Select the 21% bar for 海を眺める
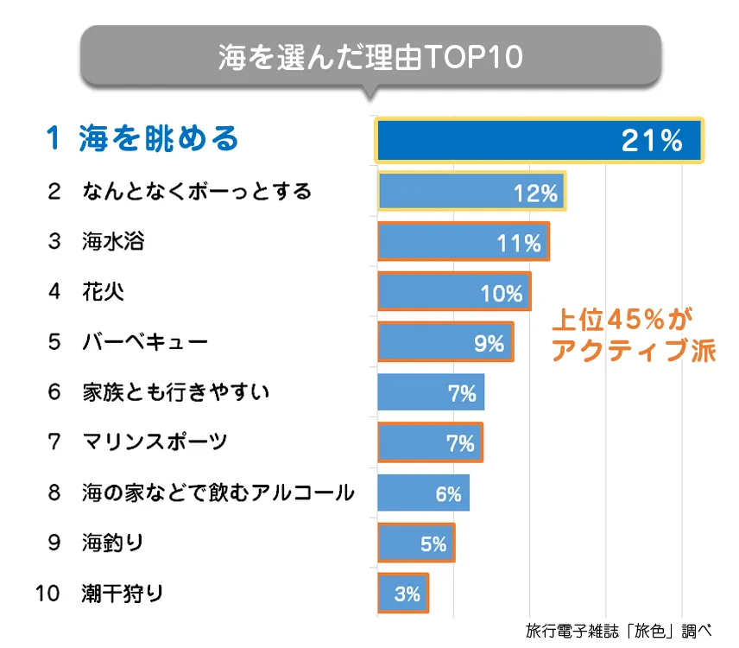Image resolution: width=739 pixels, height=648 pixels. point(540,140)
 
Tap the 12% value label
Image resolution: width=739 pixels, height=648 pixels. point(535,193)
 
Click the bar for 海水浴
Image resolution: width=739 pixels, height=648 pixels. point(464,242)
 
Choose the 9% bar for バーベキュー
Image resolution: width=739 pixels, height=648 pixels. point(445,342)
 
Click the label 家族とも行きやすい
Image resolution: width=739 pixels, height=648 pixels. point(176,392)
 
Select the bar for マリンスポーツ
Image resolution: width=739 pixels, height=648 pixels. point(430,443)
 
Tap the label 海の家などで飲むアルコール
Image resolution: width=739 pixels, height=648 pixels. point(218,493)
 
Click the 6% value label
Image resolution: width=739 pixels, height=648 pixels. point(448,495)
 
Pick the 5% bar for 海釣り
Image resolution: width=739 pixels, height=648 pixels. point(416,543)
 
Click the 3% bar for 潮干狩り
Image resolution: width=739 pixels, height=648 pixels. point(403,594)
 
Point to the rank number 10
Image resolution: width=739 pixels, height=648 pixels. point(48,594)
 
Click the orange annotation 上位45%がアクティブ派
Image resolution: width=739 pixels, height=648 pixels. point(634,335)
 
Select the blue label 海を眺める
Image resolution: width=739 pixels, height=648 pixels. point(158,139)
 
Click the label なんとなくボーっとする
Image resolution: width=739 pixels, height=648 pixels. point(197,191)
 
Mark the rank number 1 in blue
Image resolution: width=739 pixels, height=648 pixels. point(54,139)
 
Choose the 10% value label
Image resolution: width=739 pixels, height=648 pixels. point(502,294)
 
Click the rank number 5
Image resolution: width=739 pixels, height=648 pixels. point(54,342)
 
